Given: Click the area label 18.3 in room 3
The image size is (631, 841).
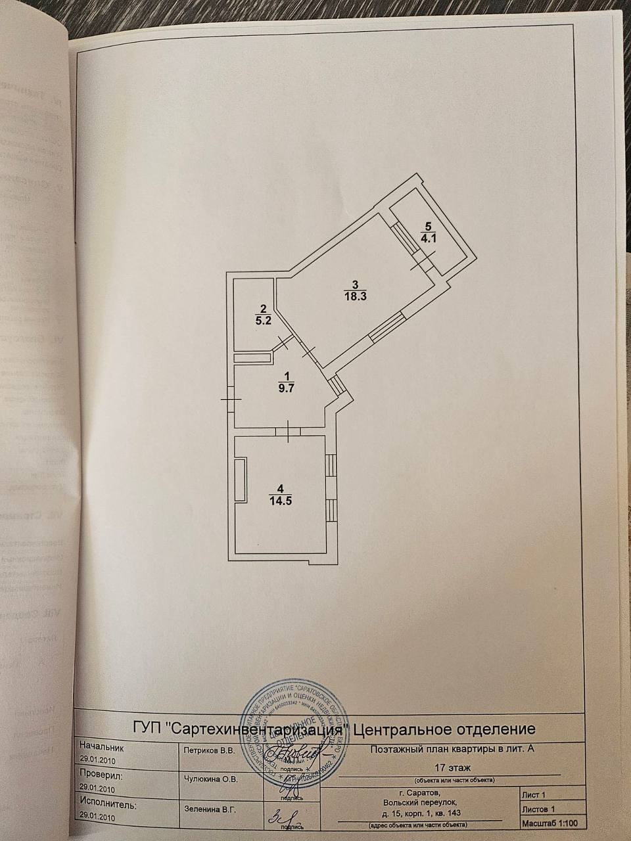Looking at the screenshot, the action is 354,296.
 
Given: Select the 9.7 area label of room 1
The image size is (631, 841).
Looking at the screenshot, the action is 286,388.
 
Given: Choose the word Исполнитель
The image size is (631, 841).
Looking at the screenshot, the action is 107,804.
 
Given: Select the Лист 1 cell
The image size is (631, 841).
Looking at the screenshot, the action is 533,795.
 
